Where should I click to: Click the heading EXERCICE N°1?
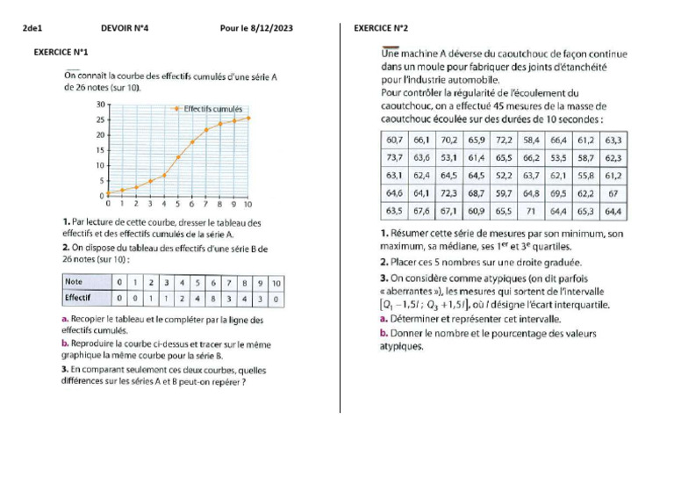(x=61, y=53)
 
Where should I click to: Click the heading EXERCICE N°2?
(x=381, y=28)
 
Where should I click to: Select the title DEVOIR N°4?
(x=125, y=28)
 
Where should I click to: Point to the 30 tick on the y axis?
(x=101, y=104)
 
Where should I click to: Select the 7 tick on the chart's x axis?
(x=206, y=203)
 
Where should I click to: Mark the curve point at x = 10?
(x=248, y=118)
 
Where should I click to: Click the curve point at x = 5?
(x=178, y=157)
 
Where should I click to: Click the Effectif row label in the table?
(x=79, y=298)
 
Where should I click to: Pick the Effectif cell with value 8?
(x=213, y=298)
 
